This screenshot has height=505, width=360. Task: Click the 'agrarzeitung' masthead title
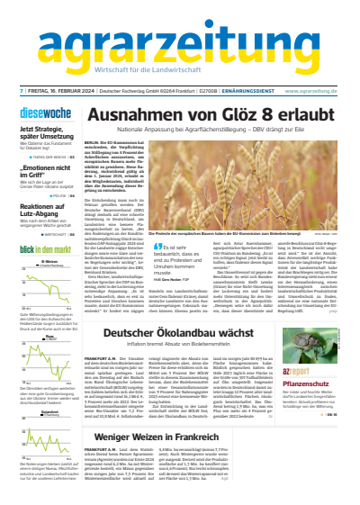(180, 41)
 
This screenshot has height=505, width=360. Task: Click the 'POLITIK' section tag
(62, 195)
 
